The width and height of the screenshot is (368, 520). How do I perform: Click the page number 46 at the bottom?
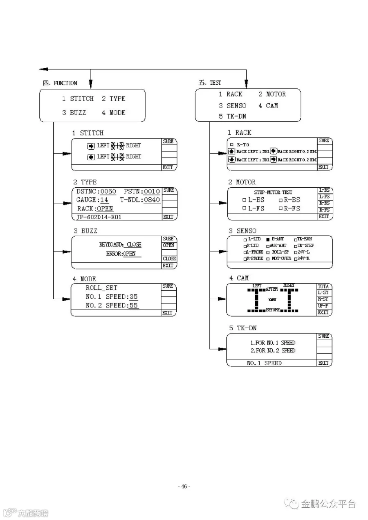click(x=184, y=486)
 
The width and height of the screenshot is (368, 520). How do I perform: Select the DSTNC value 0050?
click(x=108, y=191)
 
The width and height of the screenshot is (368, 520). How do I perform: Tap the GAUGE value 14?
click(x=104, y=200)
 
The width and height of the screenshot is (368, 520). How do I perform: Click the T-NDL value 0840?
click(x=152, y=200)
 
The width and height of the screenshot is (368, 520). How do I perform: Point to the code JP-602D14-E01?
click(x=99, y=217)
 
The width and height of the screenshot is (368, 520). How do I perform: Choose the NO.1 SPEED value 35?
click(x=133, y=297)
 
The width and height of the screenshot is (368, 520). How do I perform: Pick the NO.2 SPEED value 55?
click(x=133, y=305)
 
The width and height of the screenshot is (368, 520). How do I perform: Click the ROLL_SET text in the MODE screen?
click(x=101, y=288)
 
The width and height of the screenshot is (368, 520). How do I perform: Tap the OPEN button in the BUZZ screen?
click(x=169, y=245)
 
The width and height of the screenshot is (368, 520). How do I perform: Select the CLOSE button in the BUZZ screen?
click(x=169, y=258)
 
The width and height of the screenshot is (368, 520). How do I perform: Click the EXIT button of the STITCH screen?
click(x=168, y=167)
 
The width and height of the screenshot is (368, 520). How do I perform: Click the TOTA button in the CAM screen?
click(x=323, y=287)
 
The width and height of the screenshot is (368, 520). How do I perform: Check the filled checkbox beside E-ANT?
click(x=268, y=239)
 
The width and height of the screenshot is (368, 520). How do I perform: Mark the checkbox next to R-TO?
click(x=232, y=145)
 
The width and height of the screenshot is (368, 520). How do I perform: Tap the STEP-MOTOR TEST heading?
click(x=270, y=192)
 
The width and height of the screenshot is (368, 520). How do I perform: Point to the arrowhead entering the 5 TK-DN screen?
click(x=222, y=349)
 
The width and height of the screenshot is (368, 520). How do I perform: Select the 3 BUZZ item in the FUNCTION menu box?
click(x=74, y=112)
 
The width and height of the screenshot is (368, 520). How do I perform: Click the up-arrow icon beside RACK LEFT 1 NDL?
click(x=232, y=152)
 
